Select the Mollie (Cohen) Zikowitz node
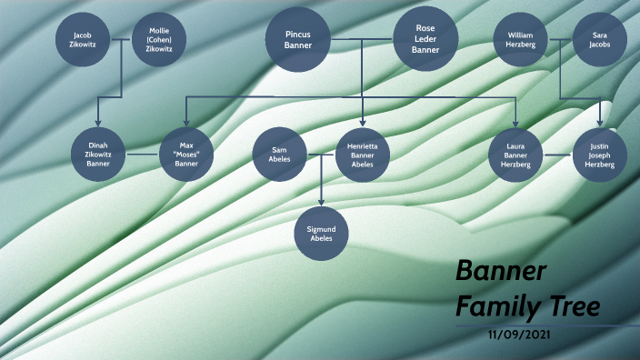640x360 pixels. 159,41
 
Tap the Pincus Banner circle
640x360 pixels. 298,40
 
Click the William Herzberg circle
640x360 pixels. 521,40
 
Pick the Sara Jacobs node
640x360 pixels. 600,40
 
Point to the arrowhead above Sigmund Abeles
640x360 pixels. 321,204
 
